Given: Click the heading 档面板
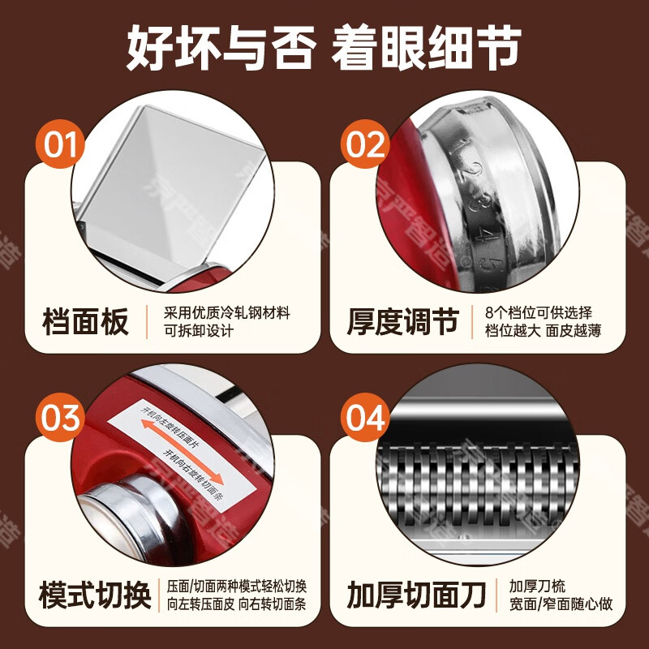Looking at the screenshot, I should click(x=85, y=322).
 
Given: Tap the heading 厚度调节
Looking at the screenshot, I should click(x=403, y=322).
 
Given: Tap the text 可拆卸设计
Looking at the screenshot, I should click(x=199, y=331).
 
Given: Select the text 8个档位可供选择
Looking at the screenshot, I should click(x=539, y=313).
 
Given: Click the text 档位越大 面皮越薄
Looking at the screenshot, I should click(x=543, y=331).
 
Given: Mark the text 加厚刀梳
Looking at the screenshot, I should click(x=536, y=586).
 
